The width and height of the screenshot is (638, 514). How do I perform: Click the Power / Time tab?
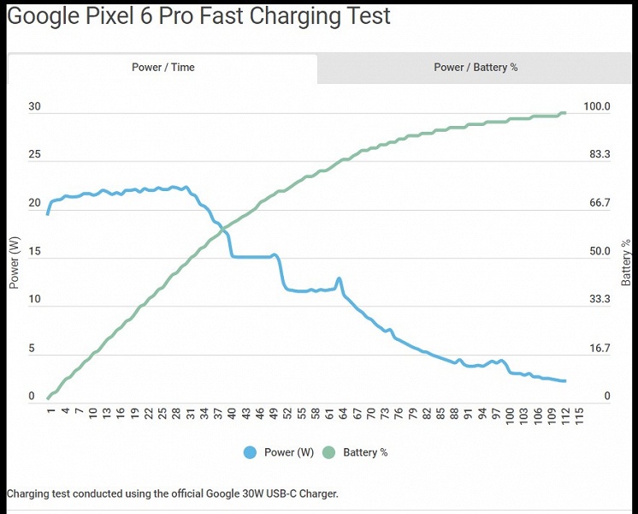[162, 67]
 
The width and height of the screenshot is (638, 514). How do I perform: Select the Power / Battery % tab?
[476, 67]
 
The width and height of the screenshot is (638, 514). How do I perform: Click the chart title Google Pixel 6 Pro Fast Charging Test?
[198, 15]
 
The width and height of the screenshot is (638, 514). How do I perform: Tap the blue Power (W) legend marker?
[250, 452]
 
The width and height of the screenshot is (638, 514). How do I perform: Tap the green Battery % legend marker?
[328, 452]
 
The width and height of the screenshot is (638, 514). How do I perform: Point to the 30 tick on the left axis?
[35, 107]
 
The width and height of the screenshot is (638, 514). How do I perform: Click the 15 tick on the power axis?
[35, 252]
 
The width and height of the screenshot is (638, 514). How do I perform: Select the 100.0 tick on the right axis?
[596, 107]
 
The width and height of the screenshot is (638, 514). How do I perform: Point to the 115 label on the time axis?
[580, 415]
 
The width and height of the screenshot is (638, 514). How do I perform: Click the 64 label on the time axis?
[343, 415]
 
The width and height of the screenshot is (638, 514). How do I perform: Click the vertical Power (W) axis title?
[14, 262]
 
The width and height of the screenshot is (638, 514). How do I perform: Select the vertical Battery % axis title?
[626, 262]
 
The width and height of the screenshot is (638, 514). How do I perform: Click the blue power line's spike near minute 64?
[340, 278]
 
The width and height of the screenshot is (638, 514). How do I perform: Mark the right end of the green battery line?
[564, 113]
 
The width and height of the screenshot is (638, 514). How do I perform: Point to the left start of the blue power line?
[48, 213]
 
